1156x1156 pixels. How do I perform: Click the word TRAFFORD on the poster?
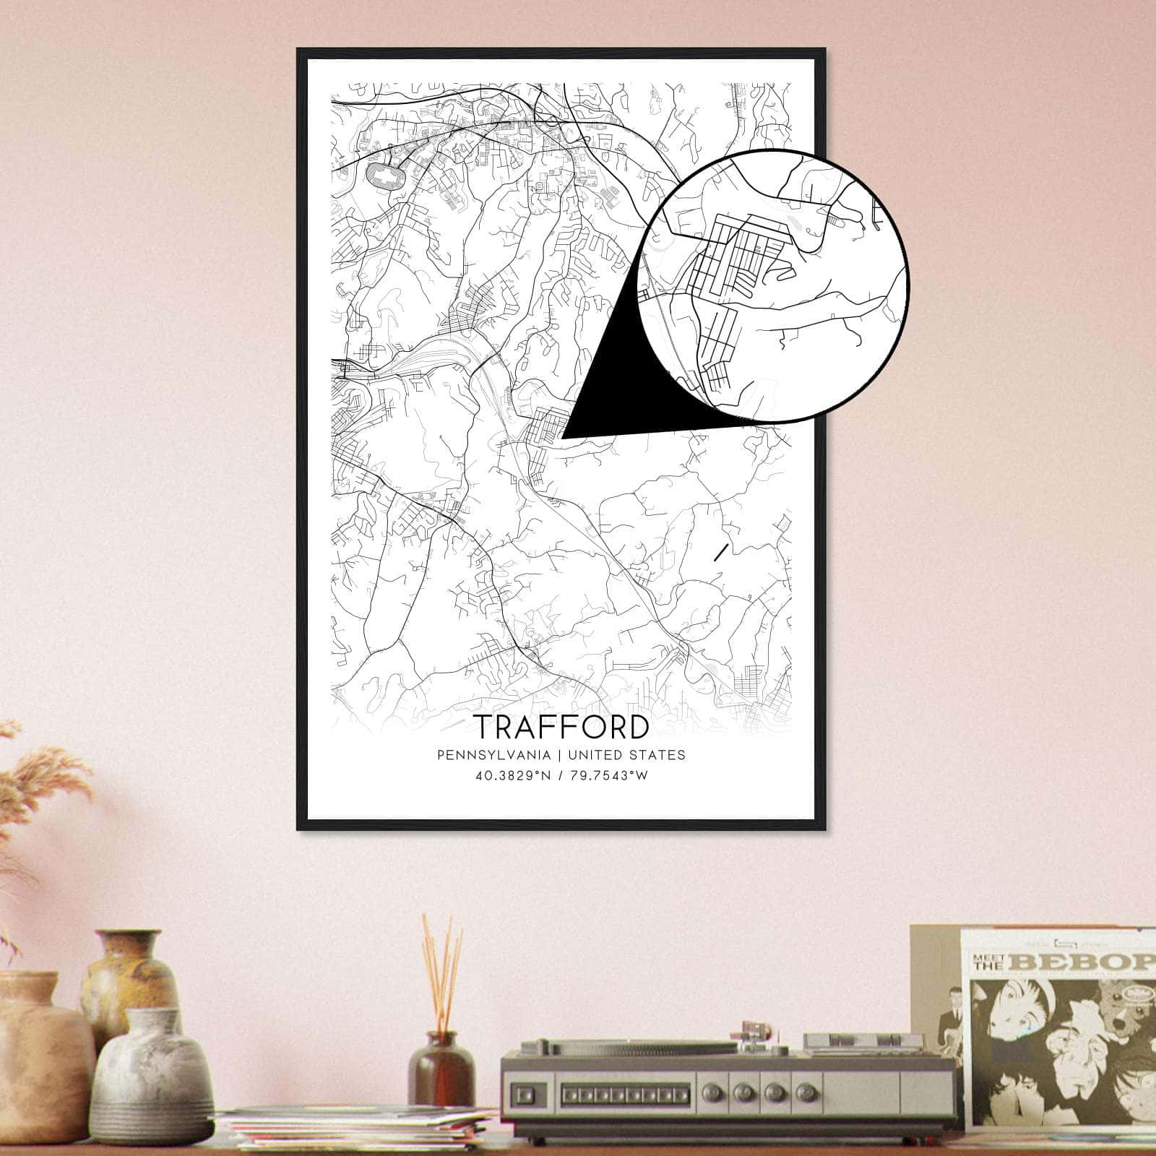point(561,728)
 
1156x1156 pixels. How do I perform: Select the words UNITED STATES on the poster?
point(626,755)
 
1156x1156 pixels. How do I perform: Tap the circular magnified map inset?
point(773,286)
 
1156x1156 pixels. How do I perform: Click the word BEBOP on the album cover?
point(1084,962)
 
